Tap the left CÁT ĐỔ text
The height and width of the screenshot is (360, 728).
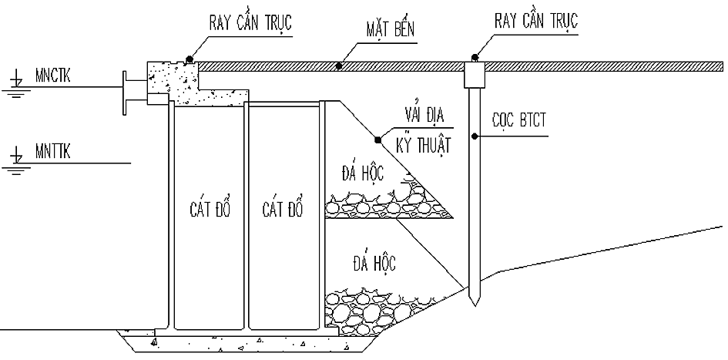pyautogui.click(x=209, y=210)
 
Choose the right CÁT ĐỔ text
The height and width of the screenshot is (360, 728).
pyautogui.click(x=283, y=210)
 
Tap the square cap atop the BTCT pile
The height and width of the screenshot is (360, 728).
pyautogui.click(x=474, y=75)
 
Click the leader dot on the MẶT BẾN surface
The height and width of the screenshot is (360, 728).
pyautogui.click(x=340, y=66)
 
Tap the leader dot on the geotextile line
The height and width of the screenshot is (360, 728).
pyautogui.click(x=377, y=140)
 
